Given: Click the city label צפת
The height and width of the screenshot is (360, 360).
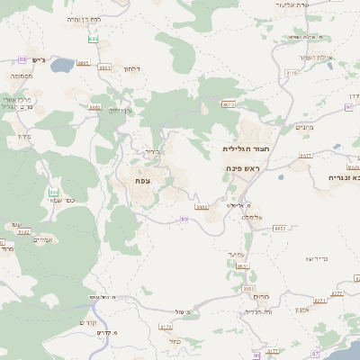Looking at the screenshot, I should [x=142, y=181].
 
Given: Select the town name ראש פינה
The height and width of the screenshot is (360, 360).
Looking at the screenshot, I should [x=244, y=168].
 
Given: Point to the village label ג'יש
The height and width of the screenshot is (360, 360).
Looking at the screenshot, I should [x=37, y=59].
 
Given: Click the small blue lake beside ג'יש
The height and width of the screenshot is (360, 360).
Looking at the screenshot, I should [x=62, y=66].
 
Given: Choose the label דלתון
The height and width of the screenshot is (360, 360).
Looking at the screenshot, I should [x=131, y=68].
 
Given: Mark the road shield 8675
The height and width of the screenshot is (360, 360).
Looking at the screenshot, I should [x=229, y=104].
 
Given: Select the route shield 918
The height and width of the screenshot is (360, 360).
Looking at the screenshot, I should [x=291, y=71].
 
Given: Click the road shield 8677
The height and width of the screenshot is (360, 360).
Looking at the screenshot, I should [x=305, y=155].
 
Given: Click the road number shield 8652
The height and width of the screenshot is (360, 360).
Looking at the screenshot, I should [x=280, y=229].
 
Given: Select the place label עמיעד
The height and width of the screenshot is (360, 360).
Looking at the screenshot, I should [x=238, y=255].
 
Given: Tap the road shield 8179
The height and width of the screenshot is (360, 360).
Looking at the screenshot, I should [x=165, y=327].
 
